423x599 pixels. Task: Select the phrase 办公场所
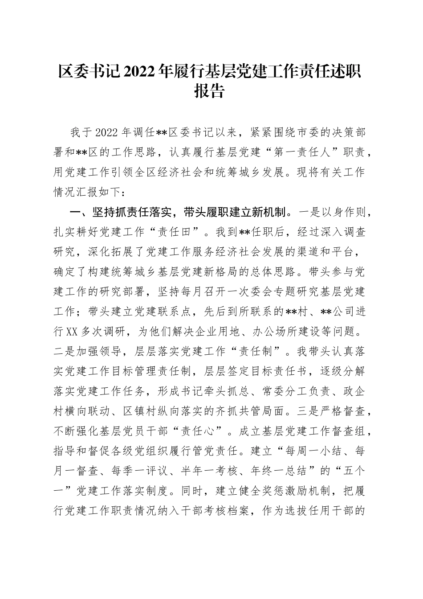point(263,332)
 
